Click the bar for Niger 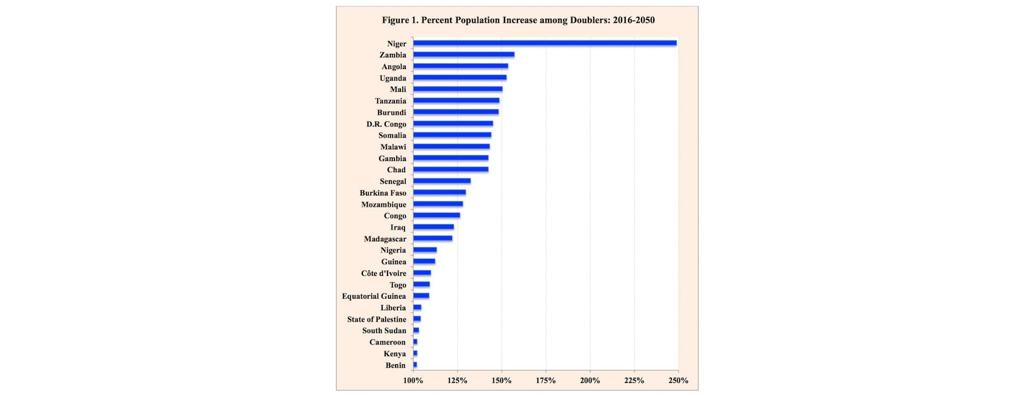pos(544,43)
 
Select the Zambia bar pos(464,54)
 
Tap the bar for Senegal pos(442,181)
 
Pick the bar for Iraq pos(433,227)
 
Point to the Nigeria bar pos(425,250)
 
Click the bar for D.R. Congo pos(453,124)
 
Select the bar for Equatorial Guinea pos(421,296)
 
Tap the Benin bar pos(415,365)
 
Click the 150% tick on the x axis pos(502,381)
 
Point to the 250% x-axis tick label pos(678,381)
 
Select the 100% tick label pos(413,381)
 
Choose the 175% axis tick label pos(546,381)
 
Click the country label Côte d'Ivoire pos(383,273)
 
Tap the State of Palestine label pos(376,319)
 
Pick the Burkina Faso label pos(383,193)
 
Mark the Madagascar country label pos(385,239)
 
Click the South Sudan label pos(384,331)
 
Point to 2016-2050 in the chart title pos(634,20)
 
